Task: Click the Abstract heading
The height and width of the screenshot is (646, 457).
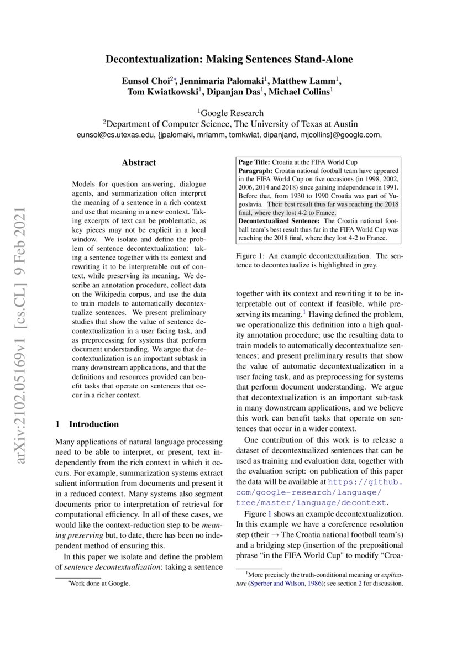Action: tap(139, 162)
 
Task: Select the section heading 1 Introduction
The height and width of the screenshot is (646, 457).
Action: tap(87, 424)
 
